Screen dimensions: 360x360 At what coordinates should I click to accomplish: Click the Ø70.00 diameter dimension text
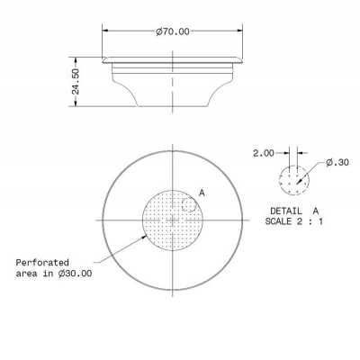pyautogui.click(x=172, y=31)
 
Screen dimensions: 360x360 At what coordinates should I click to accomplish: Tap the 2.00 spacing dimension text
pyautogui.click(x=263, y=154)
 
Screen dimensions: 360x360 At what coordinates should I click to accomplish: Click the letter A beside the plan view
pyautogui.click(x=202, y=193)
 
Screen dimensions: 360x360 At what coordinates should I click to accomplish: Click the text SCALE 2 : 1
pyautogui.click(x=292, y=220)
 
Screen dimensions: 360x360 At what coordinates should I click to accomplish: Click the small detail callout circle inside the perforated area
pyautogui.click(x=189, y=205)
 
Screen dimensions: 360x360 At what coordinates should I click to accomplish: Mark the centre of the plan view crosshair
pyautogui.click(x=170, y=220)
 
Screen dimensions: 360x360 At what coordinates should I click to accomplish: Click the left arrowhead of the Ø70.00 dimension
pyautogui.click(x=105, y=31)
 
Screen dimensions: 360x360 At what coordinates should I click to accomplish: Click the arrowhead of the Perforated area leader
pyautogui.click(x=149, y=234)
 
